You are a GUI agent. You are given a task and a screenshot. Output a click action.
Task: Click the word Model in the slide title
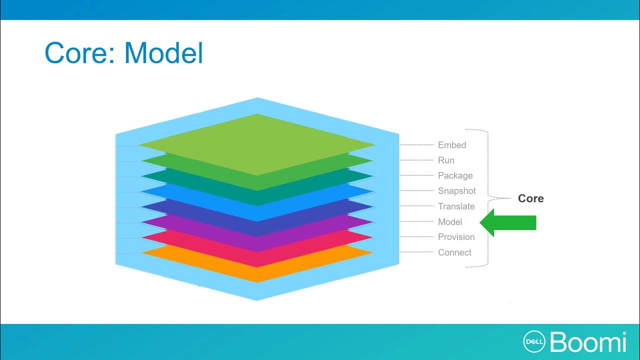pos(163,53)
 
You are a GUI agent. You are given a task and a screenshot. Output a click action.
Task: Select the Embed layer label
pos(452,145)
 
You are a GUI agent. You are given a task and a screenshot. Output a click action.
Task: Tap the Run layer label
pos(446,160)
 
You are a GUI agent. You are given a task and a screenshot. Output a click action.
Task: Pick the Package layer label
pos(455,175)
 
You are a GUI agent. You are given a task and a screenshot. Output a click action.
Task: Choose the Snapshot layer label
pos(457,191)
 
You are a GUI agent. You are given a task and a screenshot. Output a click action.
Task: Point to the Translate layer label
pos(456,206)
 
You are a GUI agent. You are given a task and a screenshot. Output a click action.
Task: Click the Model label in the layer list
pos(450,222)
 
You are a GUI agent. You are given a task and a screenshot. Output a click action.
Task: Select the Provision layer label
pos(456,237)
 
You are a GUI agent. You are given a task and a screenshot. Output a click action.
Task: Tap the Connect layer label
pos(454,252)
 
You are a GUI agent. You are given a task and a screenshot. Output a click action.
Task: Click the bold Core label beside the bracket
pos(530,198)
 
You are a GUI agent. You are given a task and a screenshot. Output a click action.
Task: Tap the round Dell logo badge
pos(533,341)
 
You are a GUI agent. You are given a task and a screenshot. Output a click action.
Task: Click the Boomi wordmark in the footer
pos(588,342)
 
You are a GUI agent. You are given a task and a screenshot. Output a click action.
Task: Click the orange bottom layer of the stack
pos(257,270)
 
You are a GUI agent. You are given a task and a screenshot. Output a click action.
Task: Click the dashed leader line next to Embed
pos(416,145)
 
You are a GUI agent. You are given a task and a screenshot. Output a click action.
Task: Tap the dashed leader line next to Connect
pos(416,252)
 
